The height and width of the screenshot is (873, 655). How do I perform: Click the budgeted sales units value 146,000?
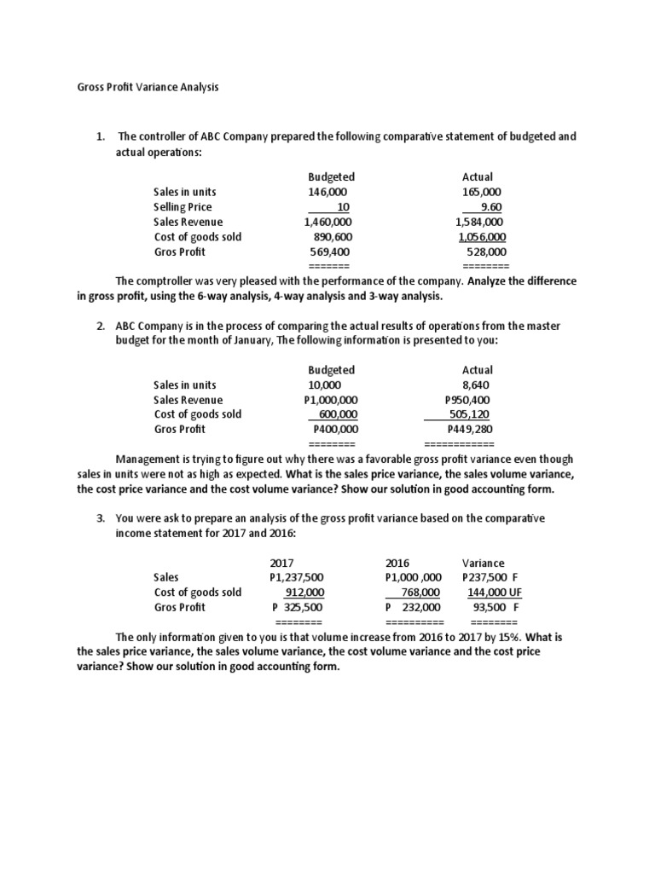[328, 192]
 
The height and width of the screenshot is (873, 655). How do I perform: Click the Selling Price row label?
[183, 206]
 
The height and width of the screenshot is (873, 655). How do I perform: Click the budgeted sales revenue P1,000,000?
[331, 400]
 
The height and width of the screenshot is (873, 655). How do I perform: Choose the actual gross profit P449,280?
[469, 430]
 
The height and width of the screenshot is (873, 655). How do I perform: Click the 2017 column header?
[281, 564]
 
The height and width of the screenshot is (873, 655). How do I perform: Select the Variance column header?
[483, 564]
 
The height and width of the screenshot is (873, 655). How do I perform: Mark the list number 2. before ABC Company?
[101, 327]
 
